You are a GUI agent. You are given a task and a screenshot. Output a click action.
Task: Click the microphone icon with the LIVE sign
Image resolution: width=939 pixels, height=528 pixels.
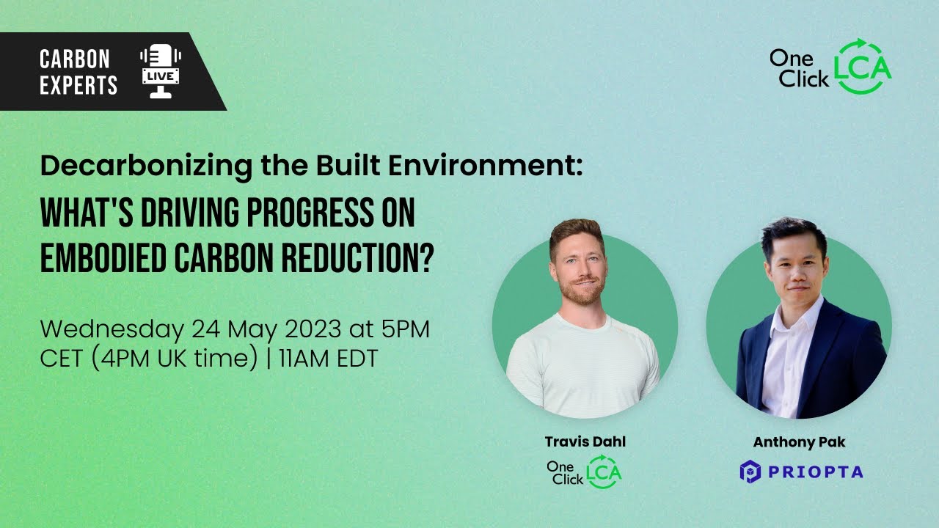point(160,71)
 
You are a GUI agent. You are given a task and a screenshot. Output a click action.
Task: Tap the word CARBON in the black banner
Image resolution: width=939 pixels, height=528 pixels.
point(75,59)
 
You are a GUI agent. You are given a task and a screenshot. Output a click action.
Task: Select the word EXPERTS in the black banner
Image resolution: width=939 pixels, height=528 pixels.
point(78,85)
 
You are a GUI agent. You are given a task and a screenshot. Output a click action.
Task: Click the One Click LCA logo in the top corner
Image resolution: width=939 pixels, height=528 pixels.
point(830,67)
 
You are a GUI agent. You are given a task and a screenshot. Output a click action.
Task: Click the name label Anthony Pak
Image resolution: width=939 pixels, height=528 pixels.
point(799,442)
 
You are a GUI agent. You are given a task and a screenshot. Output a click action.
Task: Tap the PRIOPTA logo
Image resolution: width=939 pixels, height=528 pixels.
point(801,471)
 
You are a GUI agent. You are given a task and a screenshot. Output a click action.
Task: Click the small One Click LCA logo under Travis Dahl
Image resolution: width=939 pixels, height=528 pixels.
point(583,471)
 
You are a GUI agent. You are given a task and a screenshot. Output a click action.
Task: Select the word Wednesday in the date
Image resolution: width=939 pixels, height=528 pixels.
point(112,329)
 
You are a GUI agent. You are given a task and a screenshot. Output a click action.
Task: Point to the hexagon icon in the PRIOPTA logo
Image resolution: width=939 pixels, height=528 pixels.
point(750,471)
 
